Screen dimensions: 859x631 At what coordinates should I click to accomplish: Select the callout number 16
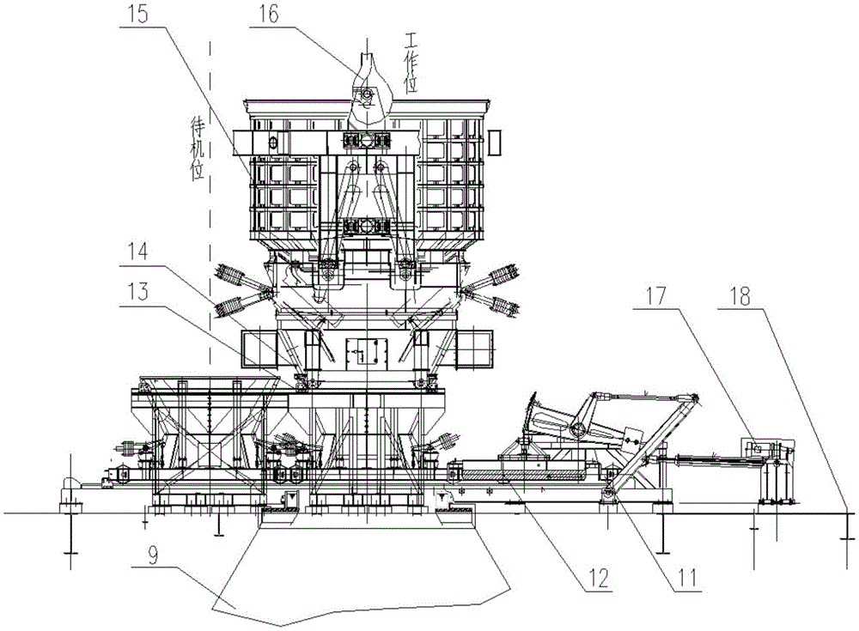pos(268,14)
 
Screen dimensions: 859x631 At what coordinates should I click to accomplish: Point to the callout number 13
pos(137,291)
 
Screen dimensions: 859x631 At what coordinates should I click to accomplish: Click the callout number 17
pos(655,296)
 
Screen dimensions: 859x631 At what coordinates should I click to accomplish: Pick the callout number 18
pos(740,296)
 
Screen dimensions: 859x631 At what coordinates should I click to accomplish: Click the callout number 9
pos(153,556)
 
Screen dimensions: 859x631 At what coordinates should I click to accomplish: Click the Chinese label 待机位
pos(197,150)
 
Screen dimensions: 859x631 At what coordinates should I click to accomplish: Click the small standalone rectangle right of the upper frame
pos(496,142)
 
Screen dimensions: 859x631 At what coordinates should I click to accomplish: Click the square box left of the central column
pos(259,349)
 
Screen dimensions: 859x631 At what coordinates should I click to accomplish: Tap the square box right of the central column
pos(474,349)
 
